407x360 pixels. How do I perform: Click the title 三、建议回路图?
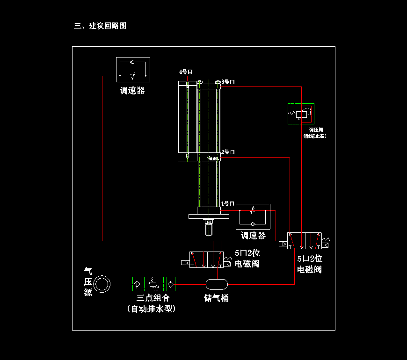[100, 26]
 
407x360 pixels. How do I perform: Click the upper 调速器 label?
[132, 91]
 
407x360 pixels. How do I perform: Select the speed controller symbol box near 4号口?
[133, 70]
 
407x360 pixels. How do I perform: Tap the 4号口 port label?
[186, 72]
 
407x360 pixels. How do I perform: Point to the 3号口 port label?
[228, 82]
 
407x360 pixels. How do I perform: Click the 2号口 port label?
[228, 152]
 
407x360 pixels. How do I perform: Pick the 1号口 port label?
[227, 204]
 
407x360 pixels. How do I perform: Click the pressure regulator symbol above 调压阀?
[301, 114]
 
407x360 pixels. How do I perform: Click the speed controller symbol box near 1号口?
[253, 216]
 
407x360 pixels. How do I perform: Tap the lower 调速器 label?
[253, 236]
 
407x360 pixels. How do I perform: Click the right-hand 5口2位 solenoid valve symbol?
[305, 241]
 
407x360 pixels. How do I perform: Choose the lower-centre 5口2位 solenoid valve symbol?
[206, 259]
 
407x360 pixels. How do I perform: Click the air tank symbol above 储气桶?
[217, 284]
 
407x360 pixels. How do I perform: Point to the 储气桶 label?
[217, 298]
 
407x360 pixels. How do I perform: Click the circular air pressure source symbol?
[102, 284]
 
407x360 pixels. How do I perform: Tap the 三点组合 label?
[153, 298]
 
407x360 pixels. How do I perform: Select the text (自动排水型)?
[151, 309]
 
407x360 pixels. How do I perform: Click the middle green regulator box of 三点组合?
[153, 283]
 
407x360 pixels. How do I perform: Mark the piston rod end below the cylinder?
[209, 229]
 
